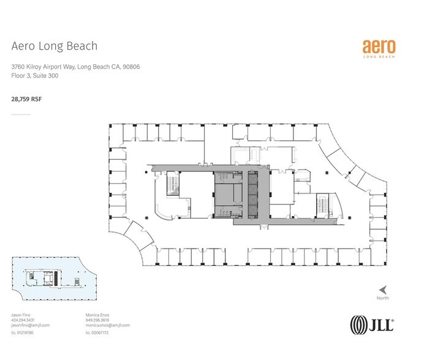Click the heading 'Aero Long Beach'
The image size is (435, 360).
[x=55, y=46]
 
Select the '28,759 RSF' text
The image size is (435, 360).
[x=26, y=97]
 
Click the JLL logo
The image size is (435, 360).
[x=371, y=323]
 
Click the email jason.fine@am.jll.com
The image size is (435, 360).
[x=31, y=325]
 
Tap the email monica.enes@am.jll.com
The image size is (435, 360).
[x=107, y=325]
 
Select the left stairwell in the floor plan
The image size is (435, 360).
[x=173, y=185]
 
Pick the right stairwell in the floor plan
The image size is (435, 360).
[x=322, y=207]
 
